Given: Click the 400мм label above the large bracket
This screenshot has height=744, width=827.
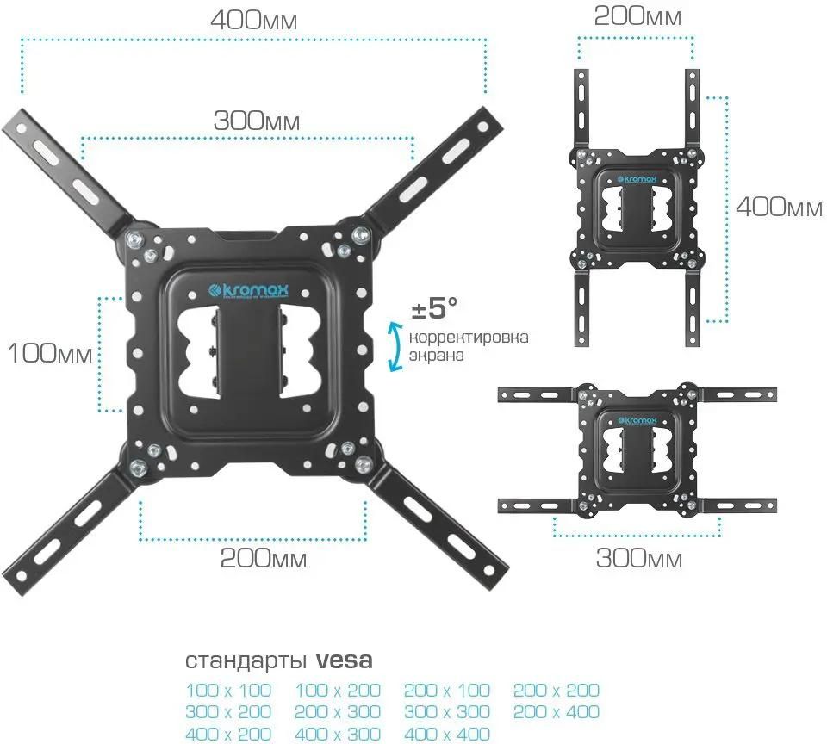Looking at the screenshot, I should (x=255, y=20).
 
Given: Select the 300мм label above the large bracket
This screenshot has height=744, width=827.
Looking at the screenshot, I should (x=257, y=121).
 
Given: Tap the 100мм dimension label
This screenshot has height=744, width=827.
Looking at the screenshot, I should (x=49, y=353).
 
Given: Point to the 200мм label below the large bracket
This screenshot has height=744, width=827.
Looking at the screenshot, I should (x=264, y=559).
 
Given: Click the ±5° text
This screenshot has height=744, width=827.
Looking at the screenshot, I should (x=433, y=307).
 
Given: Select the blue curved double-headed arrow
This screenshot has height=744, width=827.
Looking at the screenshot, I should (x=395, y=347).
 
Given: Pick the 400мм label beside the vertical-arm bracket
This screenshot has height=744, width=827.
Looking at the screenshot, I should (x=778, y=207).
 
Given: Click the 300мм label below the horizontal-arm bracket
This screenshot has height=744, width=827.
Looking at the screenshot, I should (x=639, y=559).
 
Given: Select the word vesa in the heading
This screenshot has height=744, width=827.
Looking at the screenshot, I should (x=345, y=661).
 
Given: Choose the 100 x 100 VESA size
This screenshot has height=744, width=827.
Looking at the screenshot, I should (x=228, y=691).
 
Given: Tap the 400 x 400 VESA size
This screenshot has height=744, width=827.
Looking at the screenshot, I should (x=447, y=734).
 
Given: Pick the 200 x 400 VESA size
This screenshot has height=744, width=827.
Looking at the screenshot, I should (x=557, y=712).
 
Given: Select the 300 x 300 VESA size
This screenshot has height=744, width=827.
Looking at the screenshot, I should (x=447, y=712).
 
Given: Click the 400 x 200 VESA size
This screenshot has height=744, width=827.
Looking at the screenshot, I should (x=228, y=734).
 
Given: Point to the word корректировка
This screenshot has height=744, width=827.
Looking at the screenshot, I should (x=469, y=337).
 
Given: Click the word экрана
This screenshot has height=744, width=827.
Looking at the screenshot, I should (x=437, y=355).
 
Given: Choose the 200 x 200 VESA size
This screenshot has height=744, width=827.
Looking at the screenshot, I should (x=557, y=691).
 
